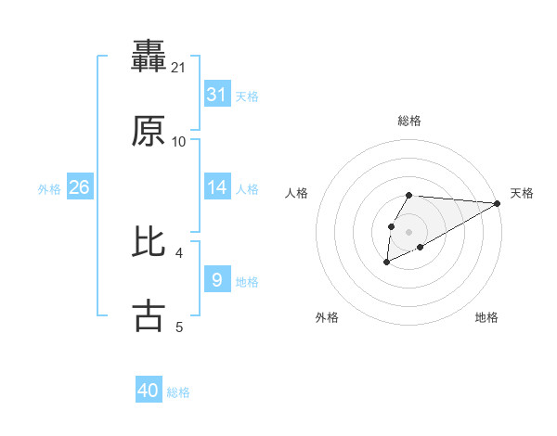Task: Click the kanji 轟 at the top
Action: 149,56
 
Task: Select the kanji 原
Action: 149,131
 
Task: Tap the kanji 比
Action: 149,241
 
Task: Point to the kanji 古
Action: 149,315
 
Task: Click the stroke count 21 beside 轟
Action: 179,67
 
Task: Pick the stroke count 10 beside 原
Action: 179,141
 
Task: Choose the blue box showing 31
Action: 216,95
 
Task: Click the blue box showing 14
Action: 216,187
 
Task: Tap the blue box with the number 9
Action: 216,279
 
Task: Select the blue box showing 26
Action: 79,187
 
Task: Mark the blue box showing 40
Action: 149,391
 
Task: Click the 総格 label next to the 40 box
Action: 178,392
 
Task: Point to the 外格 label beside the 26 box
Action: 49,189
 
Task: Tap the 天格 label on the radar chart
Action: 522,193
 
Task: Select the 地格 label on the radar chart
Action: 486,317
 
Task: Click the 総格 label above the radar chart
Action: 408,121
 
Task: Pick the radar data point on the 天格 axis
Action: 498,202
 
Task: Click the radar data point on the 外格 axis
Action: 386,263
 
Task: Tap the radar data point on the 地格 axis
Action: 421,247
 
